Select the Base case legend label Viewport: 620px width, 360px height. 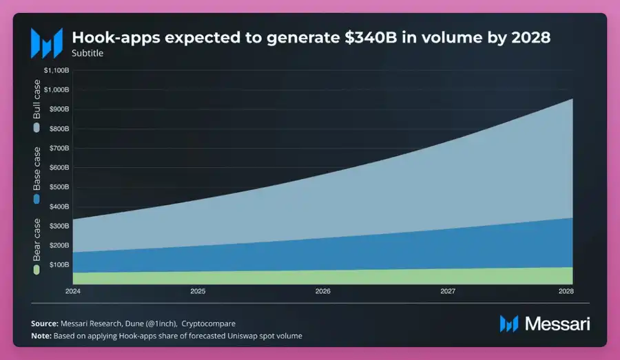[x=37, y=169]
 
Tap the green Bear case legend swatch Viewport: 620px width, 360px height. [x=37, y=269]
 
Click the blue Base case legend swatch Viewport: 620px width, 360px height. [x=37, y=198]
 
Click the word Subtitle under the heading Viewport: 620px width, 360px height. [x=87, y=53]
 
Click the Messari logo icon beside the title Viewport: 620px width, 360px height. [x=46, y=42]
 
